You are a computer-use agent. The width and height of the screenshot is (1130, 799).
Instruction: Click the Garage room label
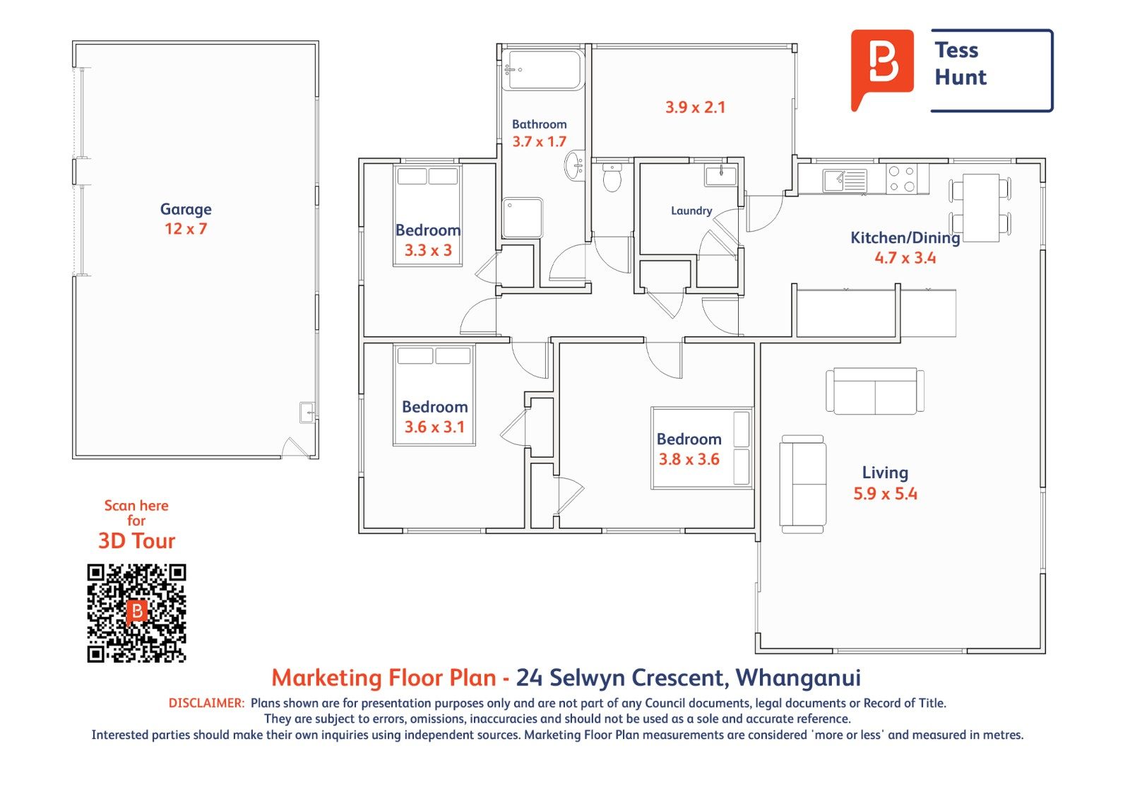186,210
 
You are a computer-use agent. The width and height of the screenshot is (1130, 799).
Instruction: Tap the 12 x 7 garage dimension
186,229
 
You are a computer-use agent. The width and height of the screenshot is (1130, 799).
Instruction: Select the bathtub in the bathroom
544,70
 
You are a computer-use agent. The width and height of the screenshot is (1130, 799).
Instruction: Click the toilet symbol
612,177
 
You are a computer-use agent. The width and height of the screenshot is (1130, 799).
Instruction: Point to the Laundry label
691,211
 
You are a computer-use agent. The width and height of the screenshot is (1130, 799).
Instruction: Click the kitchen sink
845,180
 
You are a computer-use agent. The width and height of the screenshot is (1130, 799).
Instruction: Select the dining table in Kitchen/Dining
981,208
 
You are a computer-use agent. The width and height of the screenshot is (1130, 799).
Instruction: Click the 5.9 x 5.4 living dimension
886,494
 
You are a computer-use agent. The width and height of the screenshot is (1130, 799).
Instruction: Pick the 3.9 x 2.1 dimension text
695,107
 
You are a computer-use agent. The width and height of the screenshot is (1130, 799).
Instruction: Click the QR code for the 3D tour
137,612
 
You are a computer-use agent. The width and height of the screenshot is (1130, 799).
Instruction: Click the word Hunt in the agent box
961,77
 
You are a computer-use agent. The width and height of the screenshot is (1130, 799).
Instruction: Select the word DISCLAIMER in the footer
206,703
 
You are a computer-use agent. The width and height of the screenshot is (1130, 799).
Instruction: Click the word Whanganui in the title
798,678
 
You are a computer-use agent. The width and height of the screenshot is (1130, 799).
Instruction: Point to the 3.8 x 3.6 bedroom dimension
689,459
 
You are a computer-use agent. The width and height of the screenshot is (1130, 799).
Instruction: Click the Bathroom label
540,124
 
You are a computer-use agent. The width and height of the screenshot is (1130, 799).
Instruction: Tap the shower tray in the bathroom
523,218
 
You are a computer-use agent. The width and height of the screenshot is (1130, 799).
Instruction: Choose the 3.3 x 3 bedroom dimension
428,250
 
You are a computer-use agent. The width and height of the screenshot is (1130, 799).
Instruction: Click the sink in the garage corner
307,413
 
